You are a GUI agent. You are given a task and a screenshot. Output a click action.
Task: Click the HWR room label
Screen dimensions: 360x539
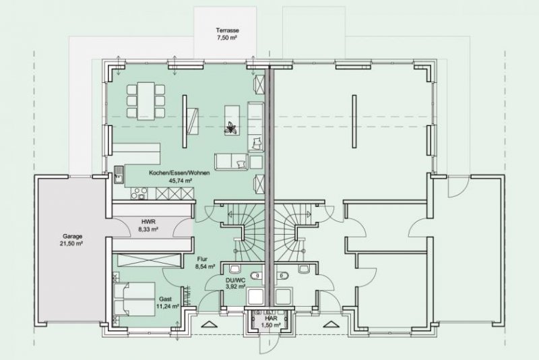pos(149,222)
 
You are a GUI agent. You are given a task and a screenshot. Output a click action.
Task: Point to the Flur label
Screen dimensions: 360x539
pos(202,259)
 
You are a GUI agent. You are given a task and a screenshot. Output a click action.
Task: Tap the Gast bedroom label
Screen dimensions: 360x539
pos(165,298)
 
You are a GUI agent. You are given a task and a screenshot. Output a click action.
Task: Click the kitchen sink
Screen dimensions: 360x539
pos(119,177)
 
